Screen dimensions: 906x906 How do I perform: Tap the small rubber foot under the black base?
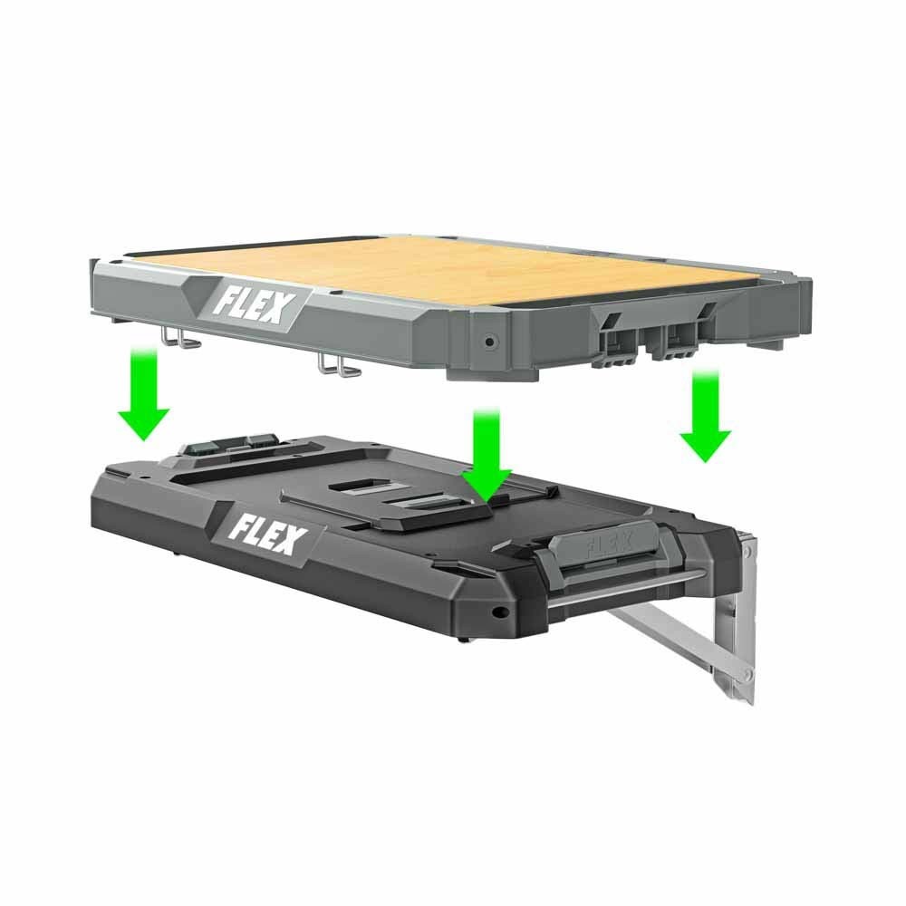pyautogui.click(x=464, y=640)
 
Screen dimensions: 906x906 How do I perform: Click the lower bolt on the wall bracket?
pyautogui.click(x=746, y=675)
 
